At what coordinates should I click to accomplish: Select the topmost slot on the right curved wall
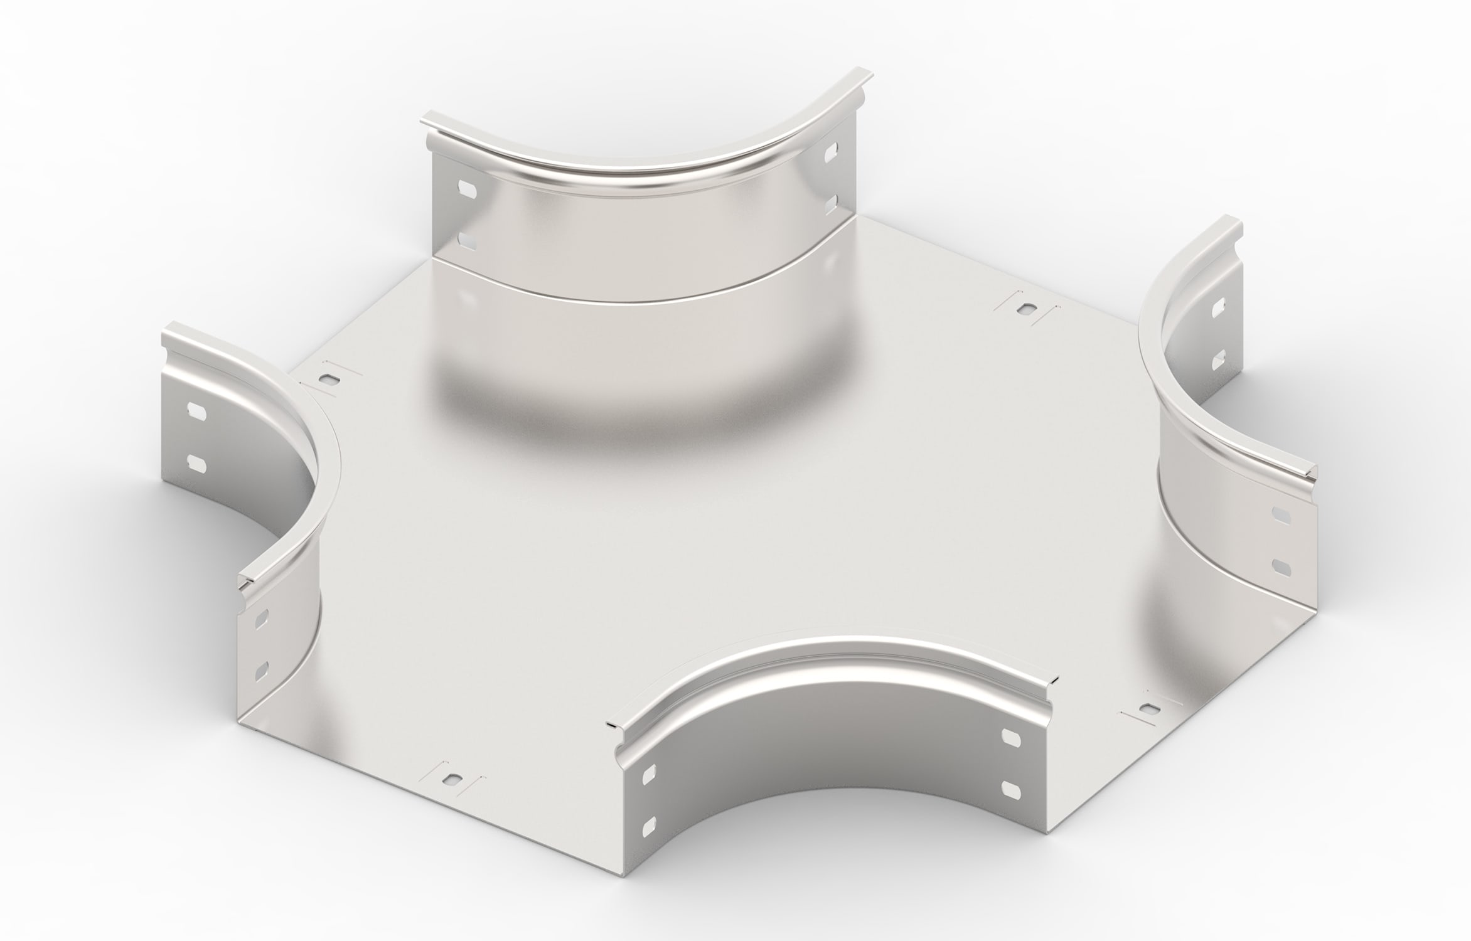point(1217,307)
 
